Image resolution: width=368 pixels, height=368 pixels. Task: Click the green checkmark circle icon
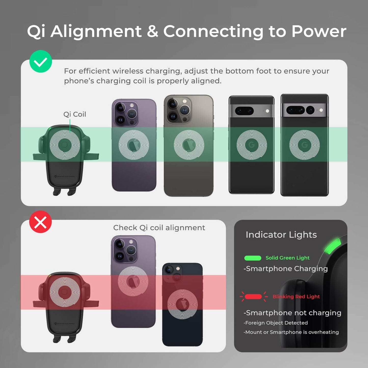click(x=40, y=61)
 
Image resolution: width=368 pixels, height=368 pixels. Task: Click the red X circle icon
click(x=40, y=222)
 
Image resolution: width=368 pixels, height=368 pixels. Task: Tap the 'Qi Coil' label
click(x=75, y=114)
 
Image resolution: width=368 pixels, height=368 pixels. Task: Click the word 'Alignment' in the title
click(x=96, y=31)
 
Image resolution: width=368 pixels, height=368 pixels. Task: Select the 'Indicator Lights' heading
click(x=281, y=235)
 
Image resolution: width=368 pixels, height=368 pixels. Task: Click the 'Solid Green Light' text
click(x=287, y=258)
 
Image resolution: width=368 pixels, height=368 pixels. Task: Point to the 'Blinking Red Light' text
click(x=296, y=296)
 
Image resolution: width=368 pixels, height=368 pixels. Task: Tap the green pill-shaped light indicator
click(x=253, y=258)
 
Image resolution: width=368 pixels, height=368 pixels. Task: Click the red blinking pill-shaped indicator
click(x=253, y=297)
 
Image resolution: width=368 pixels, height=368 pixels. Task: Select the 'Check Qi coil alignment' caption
click(x=159, y=227)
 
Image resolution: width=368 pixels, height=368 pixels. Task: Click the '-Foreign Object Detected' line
click(x=276, y=323)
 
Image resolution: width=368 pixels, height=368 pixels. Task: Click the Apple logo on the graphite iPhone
click(x=189, y=145)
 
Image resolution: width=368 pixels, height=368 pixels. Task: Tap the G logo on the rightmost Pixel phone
click(x=304, y=145)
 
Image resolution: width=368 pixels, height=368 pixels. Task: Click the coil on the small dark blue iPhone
click(x=182, y=304)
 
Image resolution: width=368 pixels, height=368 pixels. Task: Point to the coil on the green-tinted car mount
click(x=65, y=145)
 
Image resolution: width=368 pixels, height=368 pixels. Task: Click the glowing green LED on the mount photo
click(x=332, y=246)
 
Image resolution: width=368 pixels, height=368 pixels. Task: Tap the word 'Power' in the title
click(x=319, y=31)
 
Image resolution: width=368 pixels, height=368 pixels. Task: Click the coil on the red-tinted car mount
click(x=65, y=292)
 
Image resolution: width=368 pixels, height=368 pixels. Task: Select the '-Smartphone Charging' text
click(x=285, y=269)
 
